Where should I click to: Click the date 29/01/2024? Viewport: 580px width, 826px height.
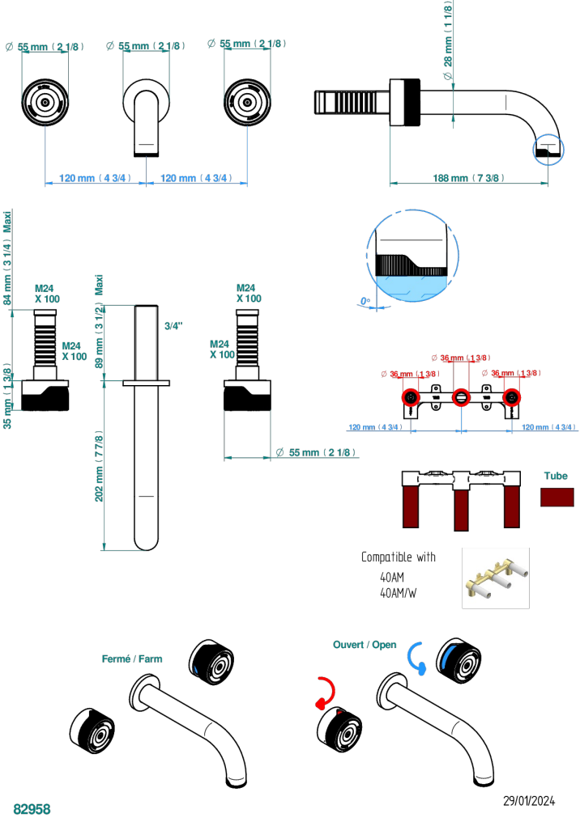[x=529, y=801]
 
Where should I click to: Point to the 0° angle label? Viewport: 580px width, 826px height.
[x=365, y=302]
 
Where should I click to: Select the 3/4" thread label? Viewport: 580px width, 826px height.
[x=173, y=326]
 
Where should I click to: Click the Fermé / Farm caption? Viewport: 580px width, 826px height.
[x=132, y=659]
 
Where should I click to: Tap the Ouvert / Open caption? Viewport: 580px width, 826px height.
[x=365, y=645]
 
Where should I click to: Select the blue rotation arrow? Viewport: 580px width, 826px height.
[x=416, y=656]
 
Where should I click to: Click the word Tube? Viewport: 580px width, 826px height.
[x=556, y=477]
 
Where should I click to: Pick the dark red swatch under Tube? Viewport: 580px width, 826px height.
[x=557, y=497]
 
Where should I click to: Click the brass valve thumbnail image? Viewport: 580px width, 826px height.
[x=495, y=578]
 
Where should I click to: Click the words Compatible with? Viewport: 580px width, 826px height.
[x=398, y=557]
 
